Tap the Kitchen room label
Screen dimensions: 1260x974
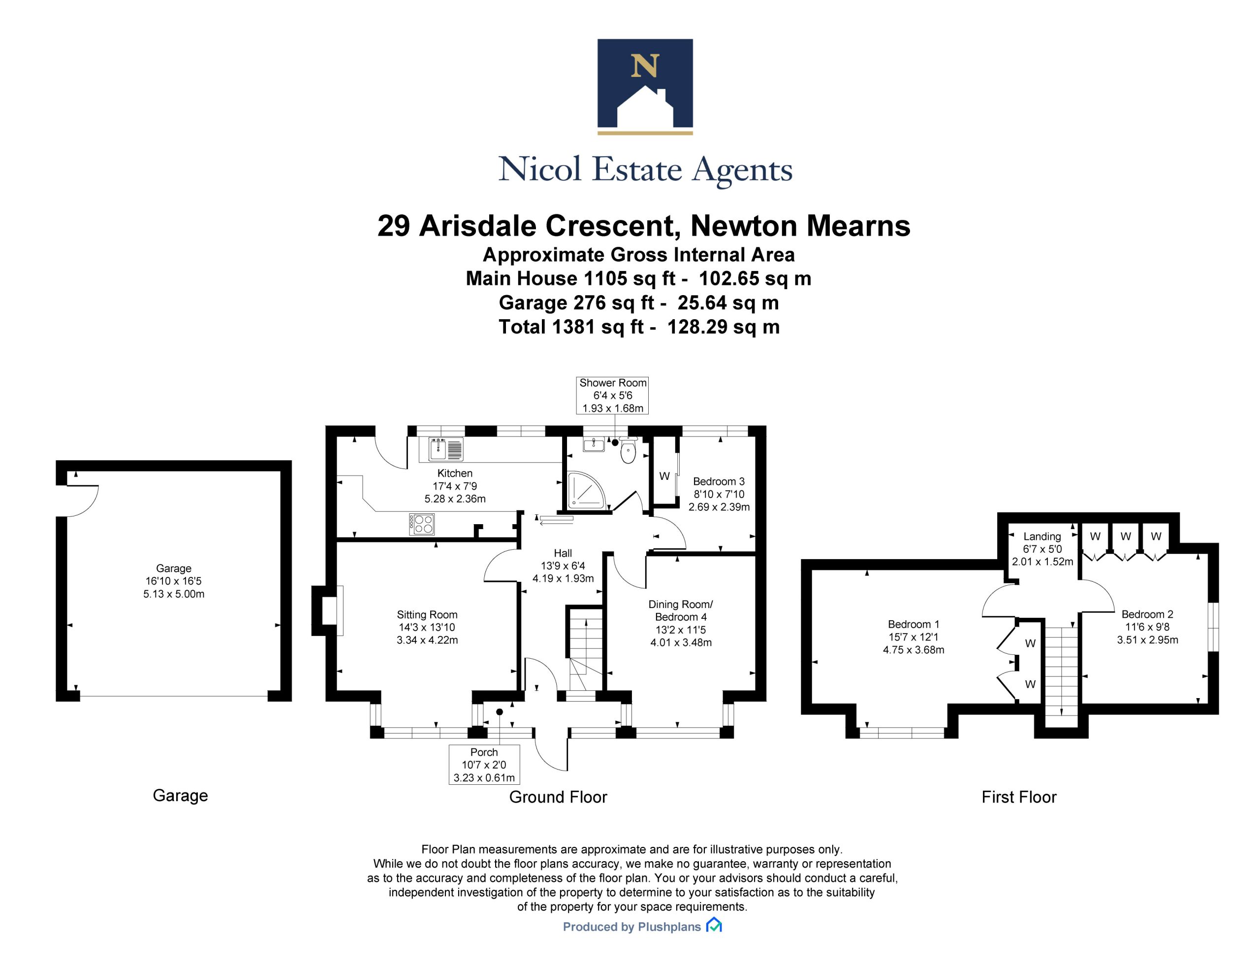click(455, 473)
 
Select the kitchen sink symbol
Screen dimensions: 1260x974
click(445, 449)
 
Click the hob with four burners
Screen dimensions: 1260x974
click(422, 524)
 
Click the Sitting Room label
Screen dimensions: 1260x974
click(427, 615)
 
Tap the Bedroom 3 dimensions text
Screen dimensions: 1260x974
click(719, 501)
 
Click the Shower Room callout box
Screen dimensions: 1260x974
click(613, 396)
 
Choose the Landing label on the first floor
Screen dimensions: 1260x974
click(1042, 537)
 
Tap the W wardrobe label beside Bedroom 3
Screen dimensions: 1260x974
click(664, 476)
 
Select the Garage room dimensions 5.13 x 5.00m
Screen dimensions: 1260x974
click(174, 594)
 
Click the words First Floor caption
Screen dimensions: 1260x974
click(1019, 797)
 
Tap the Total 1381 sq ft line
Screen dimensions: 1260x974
click(639, 327)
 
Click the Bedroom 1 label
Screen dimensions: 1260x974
click(913, 624)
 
